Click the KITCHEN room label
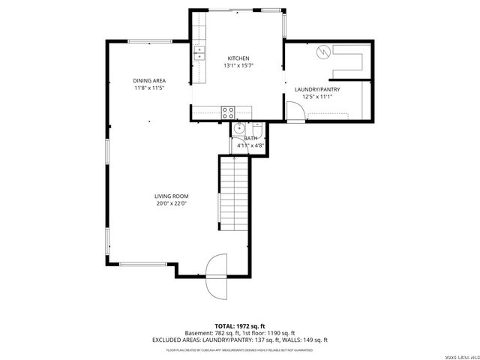click(238, 58)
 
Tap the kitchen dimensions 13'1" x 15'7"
click(238, 66)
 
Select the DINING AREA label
click(149, 81)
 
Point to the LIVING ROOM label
click(171, 196)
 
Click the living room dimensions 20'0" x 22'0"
click(171, 203)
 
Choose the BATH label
click(250, 139)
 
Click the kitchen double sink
click(199, 52)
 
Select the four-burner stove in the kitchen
click(228, 112)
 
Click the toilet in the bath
click(256, 127)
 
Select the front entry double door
click(216, 266)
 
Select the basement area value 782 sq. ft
click(225, 333)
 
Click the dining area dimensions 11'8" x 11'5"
click(149, 88)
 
